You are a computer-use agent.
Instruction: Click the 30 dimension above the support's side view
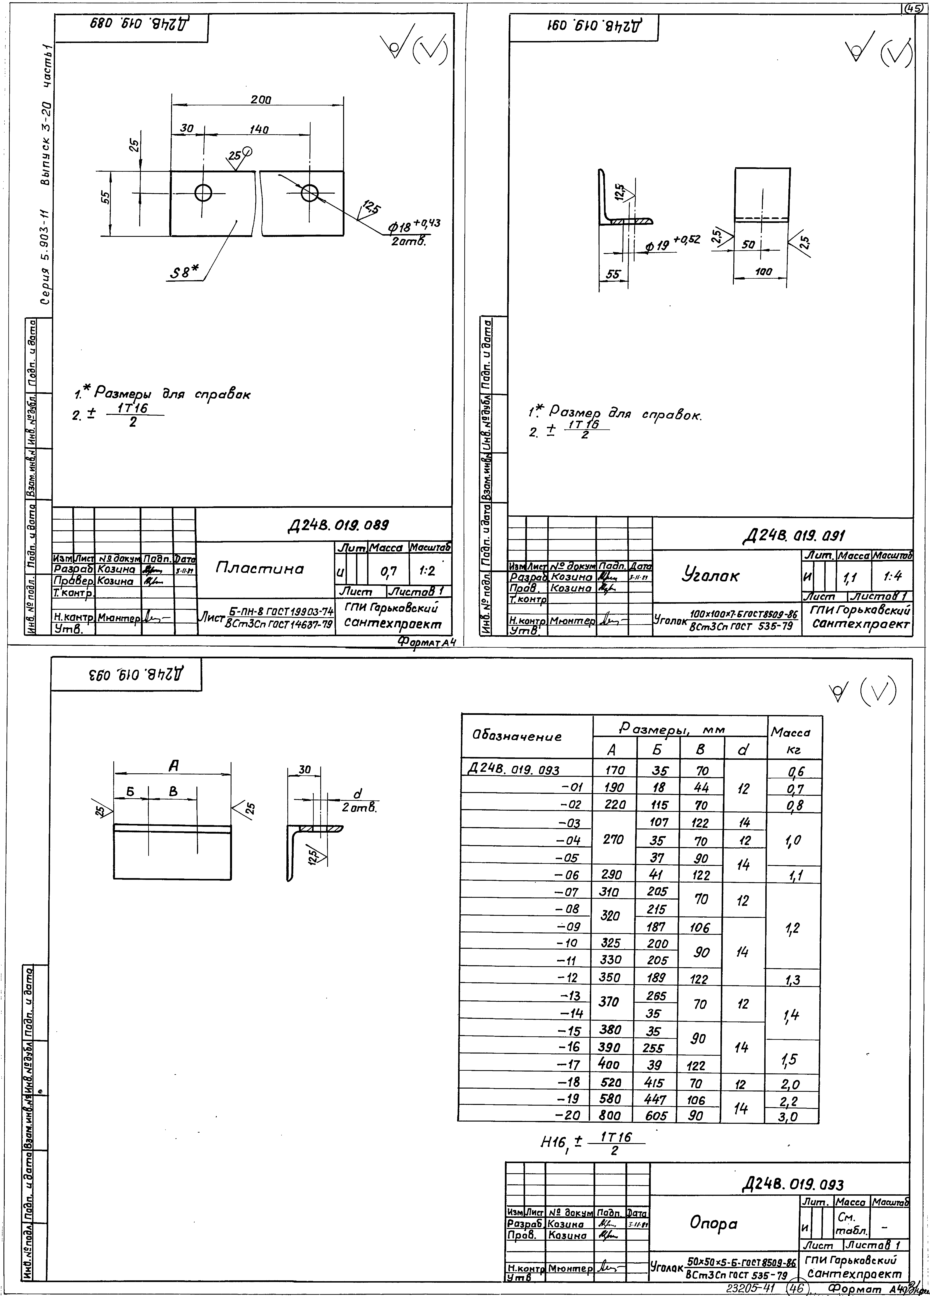tap(304, 770)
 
